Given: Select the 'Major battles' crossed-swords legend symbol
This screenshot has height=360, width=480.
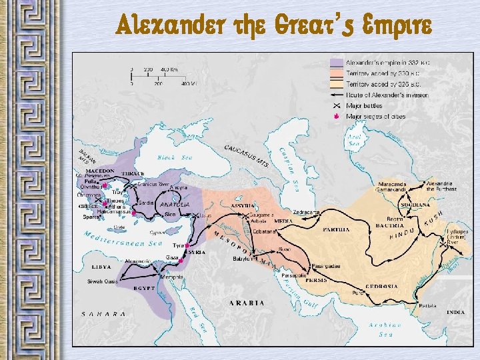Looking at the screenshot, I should tap(337, 105).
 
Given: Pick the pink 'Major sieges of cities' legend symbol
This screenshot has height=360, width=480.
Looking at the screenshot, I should tap(337, 116).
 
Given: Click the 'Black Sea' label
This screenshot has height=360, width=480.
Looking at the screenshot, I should tap(175, 158).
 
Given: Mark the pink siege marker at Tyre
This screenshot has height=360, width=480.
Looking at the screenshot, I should tap(187, 245).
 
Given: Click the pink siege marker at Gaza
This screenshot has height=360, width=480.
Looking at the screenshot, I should tap(181, 260).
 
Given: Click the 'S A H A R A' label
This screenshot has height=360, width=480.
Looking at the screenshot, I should tap(103, 313).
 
